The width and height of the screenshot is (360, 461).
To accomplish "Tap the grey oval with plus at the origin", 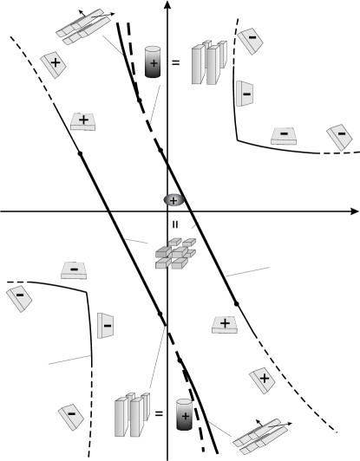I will pos(173,200).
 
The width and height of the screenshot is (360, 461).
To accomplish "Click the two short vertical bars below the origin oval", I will pos(173,224).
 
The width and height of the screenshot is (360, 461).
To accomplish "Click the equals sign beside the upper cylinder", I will pos(176,62).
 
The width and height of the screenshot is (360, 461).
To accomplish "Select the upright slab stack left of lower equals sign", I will pos(130,415).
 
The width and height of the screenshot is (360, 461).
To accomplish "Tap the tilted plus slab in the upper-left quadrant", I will pos(55,65).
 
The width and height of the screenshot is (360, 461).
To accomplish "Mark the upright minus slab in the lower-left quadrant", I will pos(106,327).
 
